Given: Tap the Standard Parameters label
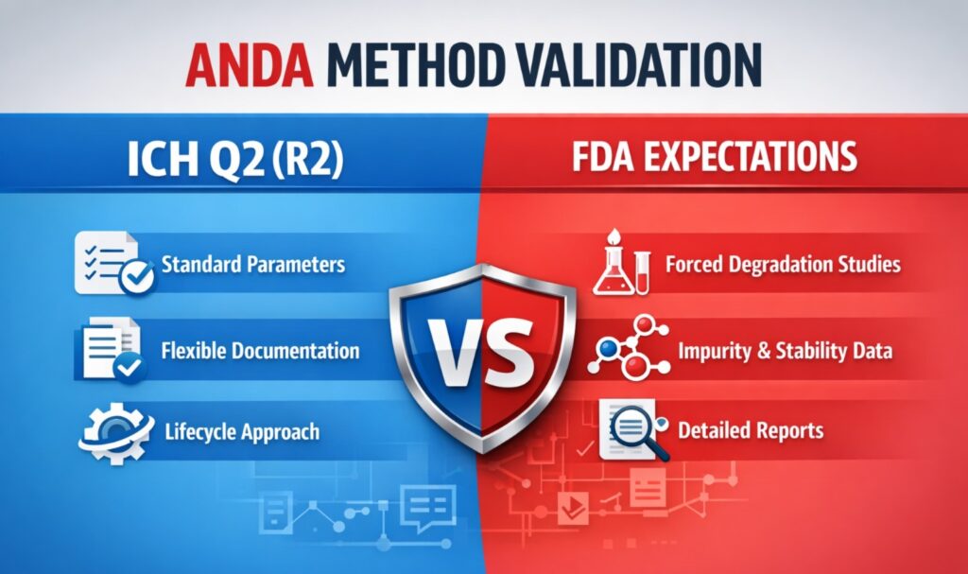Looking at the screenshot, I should click(x=253, y=264).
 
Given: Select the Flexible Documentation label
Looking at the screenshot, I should click(x=260, y=351).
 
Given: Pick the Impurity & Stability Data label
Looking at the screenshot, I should click(x=785, y=351).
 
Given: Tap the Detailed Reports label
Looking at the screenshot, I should click(x=751, y=431).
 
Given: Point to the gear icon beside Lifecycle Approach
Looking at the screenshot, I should click(x=111, y=431).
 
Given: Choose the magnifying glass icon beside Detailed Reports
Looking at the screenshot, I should click(x=633, y=428).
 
